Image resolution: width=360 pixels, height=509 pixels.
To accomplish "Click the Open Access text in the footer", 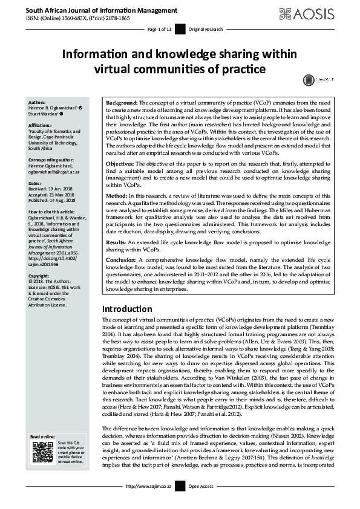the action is [201, 503].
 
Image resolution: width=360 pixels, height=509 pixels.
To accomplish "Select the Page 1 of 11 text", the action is [159, 29].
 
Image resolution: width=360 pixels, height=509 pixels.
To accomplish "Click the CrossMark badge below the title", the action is [310, 80].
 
